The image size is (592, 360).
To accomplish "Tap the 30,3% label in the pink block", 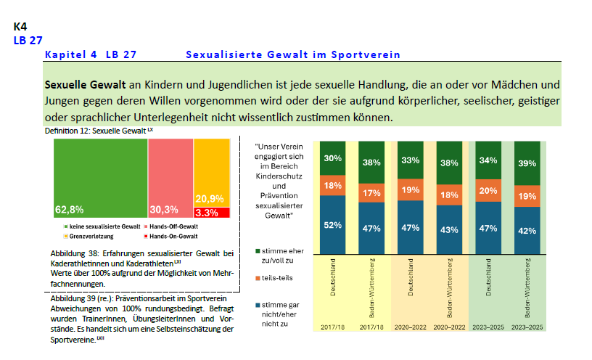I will click(164, 210).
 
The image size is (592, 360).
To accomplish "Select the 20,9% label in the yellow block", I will click(209, 199).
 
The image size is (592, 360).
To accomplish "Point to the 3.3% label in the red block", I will click(207, 213).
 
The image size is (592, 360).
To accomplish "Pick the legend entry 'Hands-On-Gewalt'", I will click(172, 237).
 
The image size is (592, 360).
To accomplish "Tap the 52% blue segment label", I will click(333, 225).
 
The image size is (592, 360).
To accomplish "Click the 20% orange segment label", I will click(489, 191).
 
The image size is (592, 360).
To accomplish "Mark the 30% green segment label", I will click(333, 158).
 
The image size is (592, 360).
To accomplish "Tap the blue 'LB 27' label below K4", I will click(28, 41).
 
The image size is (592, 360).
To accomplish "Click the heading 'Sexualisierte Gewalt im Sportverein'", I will click(293, 54).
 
